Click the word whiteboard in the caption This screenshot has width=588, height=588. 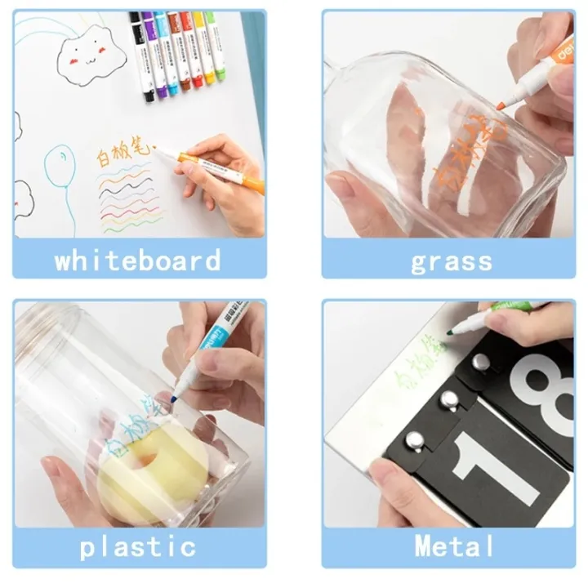tap(137, 261)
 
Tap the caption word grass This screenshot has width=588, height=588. tap(452, 261)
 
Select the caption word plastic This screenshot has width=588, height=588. tap(137, 546)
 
